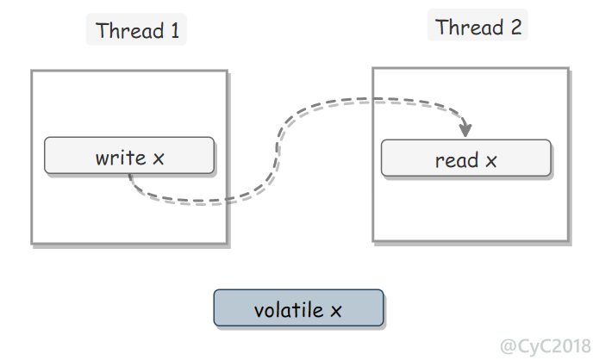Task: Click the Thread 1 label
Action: point(137,30)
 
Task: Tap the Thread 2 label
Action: point(478,27)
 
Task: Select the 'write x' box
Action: point(129,155)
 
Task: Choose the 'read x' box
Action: point(465,158)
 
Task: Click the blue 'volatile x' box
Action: point(298,307)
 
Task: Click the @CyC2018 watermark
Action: point(546,345)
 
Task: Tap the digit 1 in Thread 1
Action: point(175,30)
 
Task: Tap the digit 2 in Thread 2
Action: point(516,27)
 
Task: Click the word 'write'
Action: point(121,157)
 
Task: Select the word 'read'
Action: point(457,160)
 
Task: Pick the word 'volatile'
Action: point(289,310)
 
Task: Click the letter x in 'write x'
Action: point(159,159)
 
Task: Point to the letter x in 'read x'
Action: point(491,162)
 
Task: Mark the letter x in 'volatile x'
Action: point(336,312)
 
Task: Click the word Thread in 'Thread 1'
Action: point(129,30)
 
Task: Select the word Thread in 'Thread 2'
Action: point(470,27)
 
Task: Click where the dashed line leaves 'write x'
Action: point(129,175)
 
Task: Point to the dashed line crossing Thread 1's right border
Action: point(228,200)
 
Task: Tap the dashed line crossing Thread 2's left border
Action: point(373,100)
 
